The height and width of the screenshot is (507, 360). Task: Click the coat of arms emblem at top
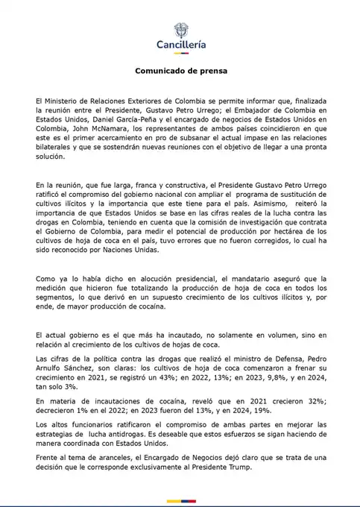pyautogui.click(x=180, y=31)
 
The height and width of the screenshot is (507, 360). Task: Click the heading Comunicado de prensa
pyautogui.click(x=180, y=71)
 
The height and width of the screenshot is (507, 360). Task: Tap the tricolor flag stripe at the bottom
pyautogui.click(x=180, y=500)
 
